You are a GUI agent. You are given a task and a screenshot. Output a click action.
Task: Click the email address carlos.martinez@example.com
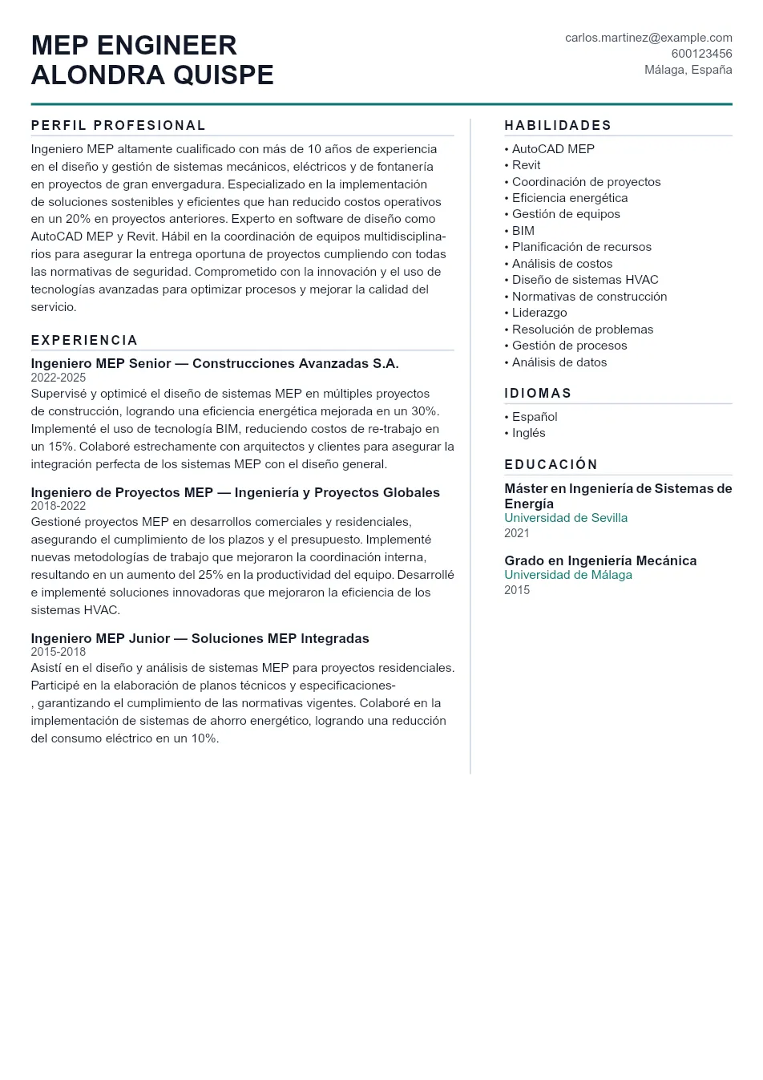[648, 38]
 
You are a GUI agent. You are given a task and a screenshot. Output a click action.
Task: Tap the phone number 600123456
[701, 54]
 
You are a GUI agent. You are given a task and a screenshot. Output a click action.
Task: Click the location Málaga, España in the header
[688, 70]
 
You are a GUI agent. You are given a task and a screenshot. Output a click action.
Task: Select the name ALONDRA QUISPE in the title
[152, 75]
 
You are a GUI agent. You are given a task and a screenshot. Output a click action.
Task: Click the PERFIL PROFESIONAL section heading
[119, 125]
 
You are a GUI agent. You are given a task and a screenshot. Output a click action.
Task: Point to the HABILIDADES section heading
[558, 125]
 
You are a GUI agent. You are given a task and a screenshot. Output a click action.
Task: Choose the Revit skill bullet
[526, 165]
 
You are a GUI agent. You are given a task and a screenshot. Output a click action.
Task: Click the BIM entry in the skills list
[523, 231]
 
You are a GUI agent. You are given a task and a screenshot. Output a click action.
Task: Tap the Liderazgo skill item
[539, 313]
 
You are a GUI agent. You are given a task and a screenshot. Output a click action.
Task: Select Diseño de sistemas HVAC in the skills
[584, 280]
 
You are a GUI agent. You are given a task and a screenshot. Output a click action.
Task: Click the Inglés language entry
[528, 433]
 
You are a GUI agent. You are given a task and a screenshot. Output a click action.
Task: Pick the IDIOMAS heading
[538, 393]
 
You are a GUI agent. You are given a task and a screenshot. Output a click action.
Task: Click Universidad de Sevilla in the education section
[566, 518]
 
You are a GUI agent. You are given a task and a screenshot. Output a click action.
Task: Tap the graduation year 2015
[517, 590]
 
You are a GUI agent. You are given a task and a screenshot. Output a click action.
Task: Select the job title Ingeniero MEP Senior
[101, 364]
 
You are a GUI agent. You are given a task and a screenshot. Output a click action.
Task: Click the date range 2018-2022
[58, 506]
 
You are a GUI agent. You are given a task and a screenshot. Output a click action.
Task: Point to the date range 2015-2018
[58, 652]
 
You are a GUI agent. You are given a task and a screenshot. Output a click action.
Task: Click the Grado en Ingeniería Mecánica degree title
[600, 560]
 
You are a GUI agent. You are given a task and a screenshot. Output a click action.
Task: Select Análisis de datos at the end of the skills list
[559, 362]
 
